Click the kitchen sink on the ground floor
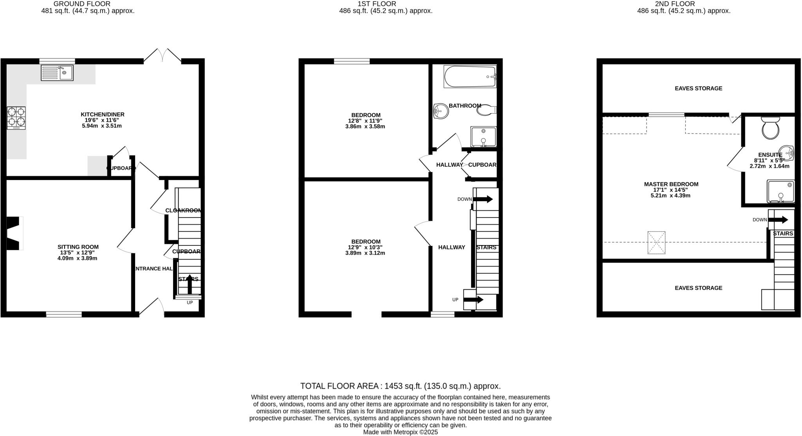pos(57,73)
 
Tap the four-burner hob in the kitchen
pos(16,118)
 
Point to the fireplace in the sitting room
pos(14,233)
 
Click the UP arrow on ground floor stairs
pos(190,284)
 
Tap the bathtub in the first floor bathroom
pos(470,77)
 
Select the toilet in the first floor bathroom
pos(486,110)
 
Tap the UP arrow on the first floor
pos(473,300)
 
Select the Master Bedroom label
pos(671,184)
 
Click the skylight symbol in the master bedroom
pos(656,243)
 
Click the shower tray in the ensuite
pos(780,191)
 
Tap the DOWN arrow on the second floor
pos(778,220)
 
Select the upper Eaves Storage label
pos(698,89)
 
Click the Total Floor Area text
pos(400,386)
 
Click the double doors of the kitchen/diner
pos(163,56)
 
